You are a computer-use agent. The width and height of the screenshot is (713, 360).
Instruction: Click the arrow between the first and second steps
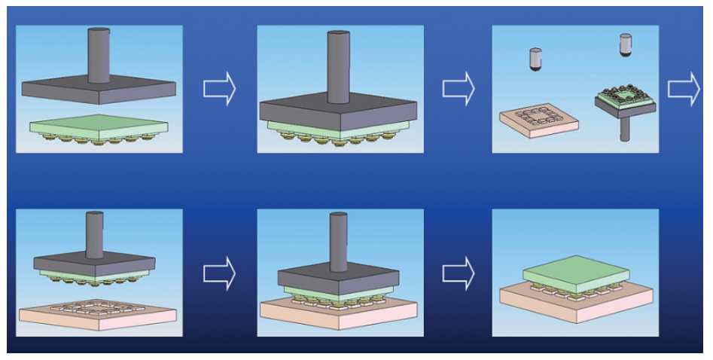(219, 89)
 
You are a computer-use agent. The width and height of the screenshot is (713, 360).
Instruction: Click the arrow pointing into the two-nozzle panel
(458, 89)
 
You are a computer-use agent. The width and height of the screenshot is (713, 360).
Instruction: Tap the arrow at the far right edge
(684, 89)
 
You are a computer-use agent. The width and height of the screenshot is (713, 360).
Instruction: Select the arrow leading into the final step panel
(458, 272)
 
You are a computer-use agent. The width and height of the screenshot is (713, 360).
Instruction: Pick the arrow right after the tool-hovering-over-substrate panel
(219, 272)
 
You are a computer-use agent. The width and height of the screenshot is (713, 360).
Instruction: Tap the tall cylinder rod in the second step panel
(338, 64)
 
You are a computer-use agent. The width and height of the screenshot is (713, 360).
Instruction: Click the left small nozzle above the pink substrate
(535, 59)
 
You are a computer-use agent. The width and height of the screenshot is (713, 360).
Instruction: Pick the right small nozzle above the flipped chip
(625, 44)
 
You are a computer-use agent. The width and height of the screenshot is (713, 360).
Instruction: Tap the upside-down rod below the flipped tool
(624, 127)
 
